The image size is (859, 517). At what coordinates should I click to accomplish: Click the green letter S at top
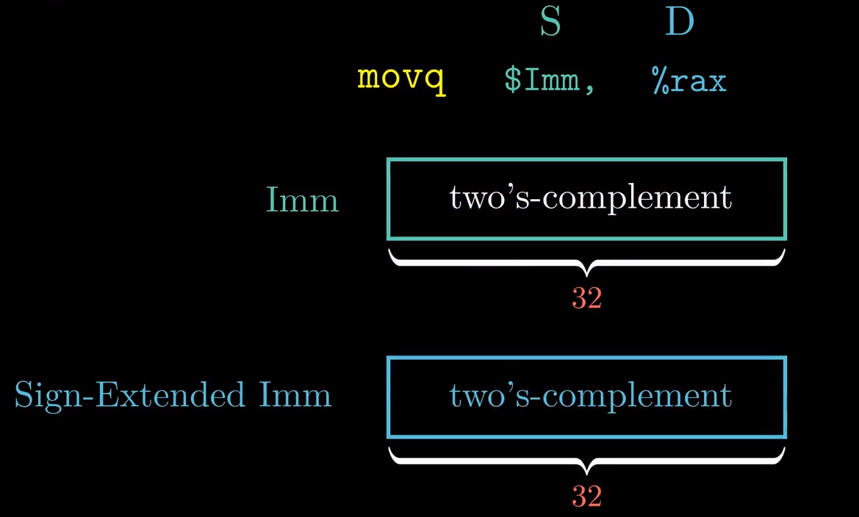[x=550, y=22]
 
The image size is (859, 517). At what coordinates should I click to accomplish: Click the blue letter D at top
[x=680, y=22]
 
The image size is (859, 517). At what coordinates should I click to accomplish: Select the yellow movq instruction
[x=401, y=78]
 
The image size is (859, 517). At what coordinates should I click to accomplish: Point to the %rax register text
[x=689, y=79]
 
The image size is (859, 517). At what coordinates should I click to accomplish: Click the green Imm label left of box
[x=302, y=200]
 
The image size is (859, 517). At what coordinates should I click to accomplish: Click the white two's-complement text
[x=591, y=198]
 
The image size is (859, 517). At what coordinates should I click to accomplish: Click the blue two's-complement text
[x=591, y=396]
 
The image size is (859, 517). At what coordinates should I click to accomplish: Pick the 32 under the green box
[x=587, y=298]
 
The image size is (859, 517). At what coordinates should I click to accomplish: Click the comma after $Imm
[x=589, y=87]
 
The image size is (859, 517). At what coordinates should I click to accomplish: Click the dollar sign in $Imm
[x=511, y=79]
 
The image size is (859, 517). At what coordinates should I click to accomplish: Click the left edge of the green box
[x=388, y=198]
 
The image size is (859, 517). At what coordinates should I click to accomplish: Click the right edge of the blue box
[x=785, y=397]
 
